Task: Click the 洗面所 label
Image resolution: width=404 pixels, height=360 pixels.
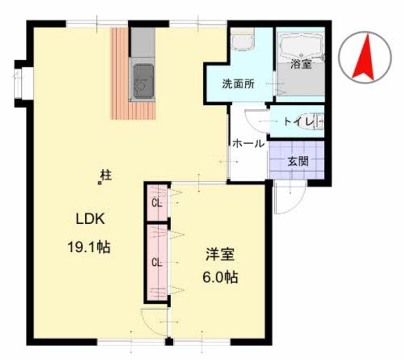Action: click(238, 85)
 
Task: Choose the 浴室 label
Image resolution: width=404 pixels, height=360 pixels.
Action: click(301, 64)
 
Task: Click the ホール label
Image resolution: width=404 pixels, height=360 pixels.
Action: click(248, 144)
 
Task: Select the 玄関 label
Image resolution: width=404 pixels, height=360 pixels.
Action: click(298, 161)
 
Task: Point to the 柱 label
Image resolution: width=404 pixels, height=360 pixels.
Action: click(105, 175)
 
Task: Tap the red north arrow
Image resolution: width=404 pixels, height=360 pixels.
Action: click(365, 57)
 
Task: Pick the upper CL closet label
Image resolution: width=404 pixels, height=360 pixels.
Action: click(158, 203)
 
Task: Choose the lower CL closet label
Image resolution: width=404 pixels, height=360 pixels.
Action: click(158, 261)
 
